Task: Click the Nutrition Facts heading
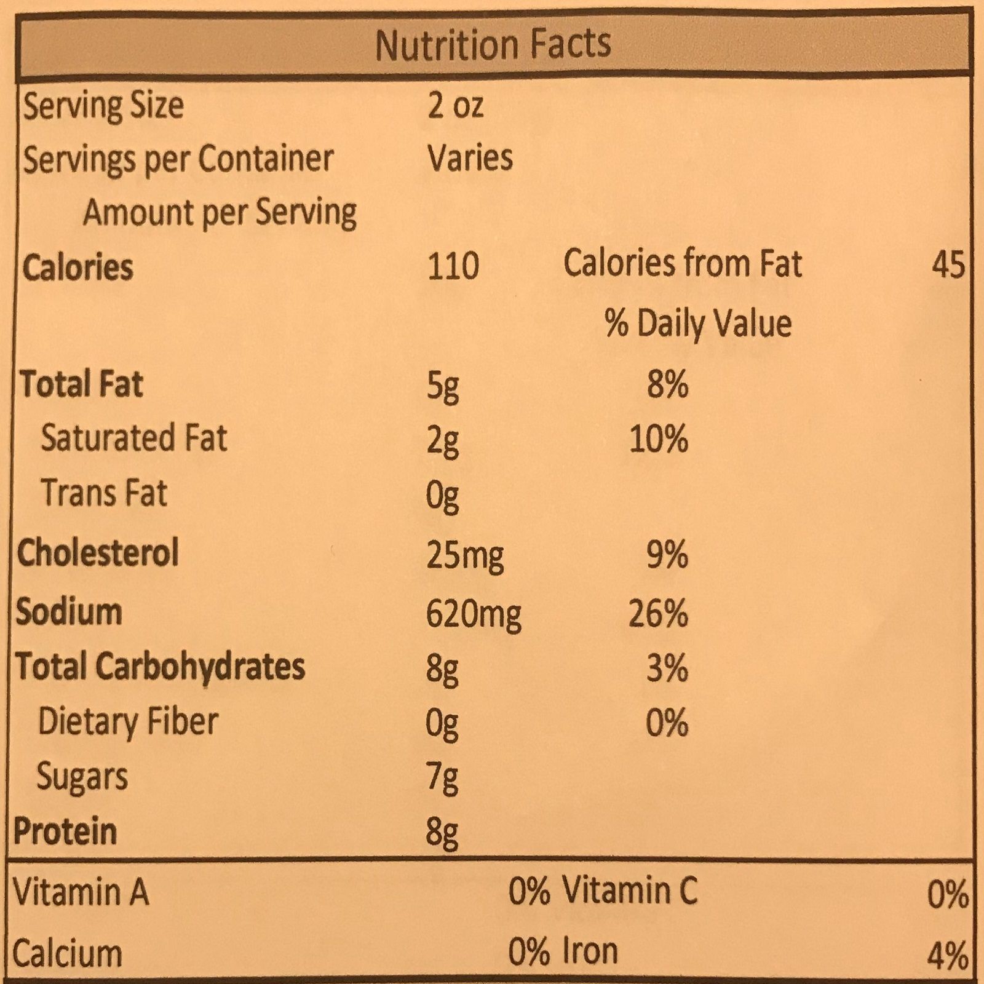(493, 44)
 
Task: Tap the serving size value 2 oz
(455, 106)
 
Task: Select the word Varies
(470, 158)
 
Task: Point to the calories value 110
(453, 267)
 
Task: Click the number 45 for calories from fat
(948, 265)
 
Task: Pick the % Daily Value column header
(698, 323)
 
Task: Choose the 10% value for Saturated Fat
(658, 439)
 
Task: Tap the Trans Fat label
(104, 493)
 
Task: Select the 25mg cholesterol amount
(465, 555)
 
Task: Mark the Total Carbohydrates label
(161, 667)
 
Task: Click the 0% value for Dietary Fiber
(667, 722)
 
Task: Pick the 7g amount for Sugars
(442, 778)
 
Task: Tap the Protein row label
(65, 831)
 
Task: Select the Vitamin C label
(630, 891)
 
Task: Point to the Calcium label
(68, 954)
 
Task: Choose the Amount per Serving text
(220, 213)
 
